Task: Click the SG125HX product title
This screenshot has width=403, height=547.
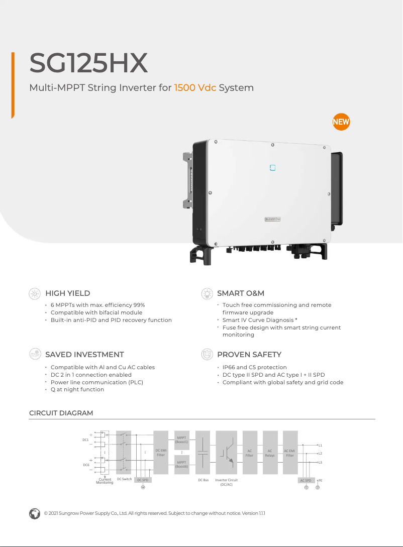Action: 88,63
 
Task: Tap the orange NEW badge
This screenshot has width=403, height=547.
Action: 341,122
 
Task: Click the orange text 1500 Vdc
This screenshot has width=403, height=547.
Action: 195,88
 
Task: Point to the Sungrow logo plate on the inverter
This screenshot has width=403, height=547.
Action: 273,220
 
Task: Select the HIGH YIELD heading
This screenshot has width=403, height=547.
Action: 68,293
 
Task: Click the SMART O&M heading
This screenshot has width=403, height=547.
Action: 240,293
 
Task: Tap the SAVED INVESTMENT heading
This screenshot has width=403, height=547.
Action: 84,355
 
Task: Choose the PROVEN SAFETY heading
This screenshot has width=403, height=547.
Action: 249,355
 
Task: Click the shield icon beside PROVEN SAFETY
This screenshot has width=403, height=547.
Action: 206,354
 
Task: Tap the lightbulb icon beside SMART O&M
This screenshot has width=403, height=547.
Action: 206,293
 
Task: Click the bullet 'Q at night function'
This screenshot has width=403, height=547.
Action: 77,389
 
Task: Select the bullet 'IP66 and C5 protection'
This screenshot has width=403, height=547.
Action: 254,367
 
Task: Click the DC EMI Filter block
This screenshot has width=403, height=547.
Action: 161,453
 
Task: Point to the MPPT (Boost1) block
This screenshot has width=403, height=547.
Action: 182,440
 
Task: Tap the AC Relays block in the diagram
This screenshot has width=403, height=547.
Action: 270,453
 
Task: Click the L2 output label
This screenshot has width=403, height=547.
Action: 320,454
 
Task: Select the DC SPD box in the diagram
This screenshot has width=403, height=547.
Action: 143,480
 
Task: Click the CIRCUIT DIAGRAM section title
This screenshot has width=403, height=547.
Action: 61,413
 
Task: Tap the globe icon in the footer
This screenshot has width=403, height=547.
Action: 34,513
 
